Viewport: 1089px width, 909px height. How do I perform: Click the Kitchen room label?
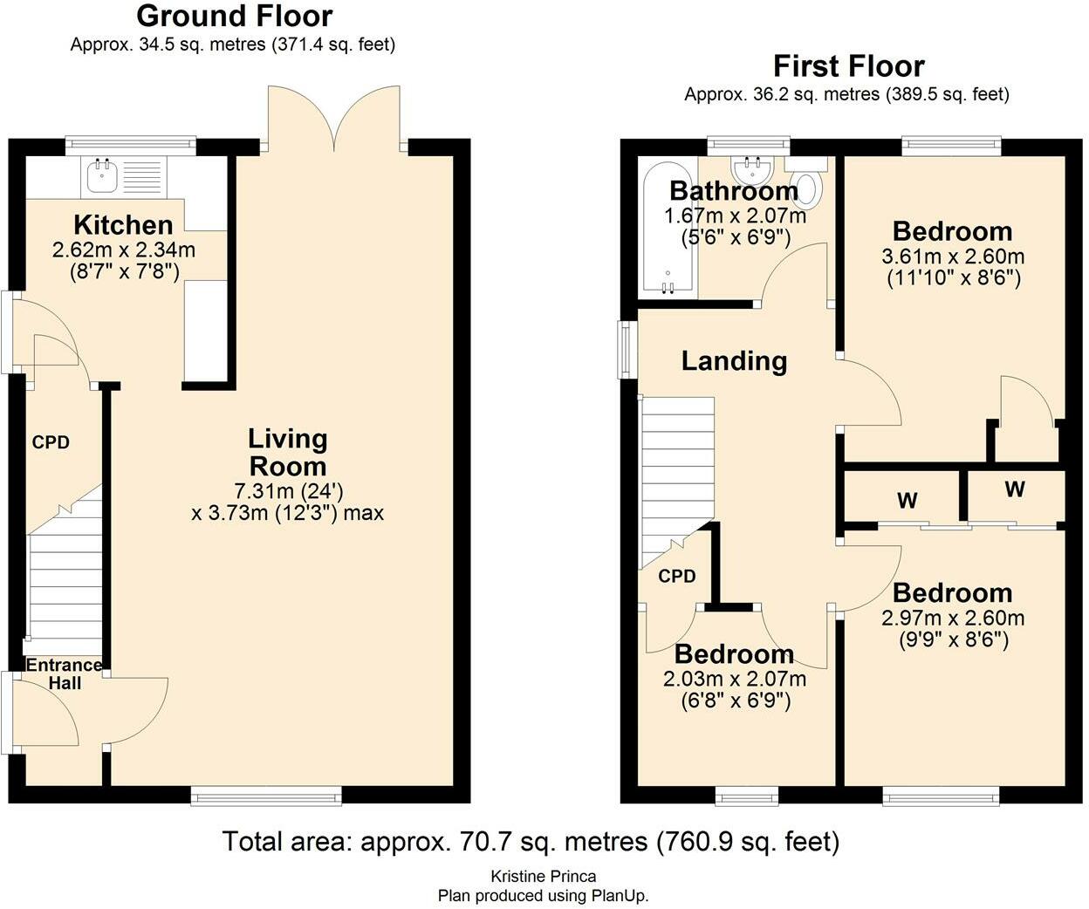click(x=124, y=225)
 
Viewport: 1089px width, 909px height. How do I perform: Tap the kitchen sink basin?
click(x=102, y=175)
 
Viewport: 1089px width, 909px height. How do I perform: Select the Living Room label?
click(x=288, y=453)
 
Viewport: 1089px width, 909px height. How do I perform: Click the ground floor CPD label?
click(x=51, y=442)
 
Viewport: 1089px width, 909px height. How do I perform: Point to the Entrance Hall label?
click(x=65, y=673)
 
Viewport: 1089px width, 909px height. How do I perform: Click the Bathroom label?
click(x=734, y=191)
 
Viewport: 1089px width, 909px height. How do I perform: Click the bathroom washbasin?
click(x=752, y=168)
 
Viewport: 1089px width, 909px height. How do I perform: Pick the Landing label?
click(x=735, y=361)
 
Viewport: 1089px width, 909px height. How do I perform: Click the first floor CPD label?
click(x=677, y=576)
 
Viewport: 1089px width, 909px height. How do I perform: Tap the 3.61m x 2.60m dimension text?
click(x=953, y=256)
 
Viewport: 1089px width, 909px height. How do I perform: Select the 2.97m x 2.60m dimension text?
click(x=953, y=618)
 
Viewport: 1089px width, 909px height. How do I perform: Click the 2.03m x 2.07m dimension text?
click(x=735, y=679)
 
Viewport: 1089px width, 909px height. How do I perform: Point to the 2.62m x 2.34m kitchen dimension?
click(x=124, y=249)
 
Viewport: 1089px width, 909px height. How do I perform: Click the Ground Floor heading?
click(x=235, y=17)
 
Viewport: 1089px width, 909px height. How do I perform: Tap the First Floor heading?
click(x=848, y=66)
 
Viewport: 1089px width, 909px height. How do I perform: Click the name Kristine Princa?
click(x=544, y=876)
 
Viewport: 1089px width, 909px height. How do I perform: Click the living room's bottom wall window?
click(x=266, y=796)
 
